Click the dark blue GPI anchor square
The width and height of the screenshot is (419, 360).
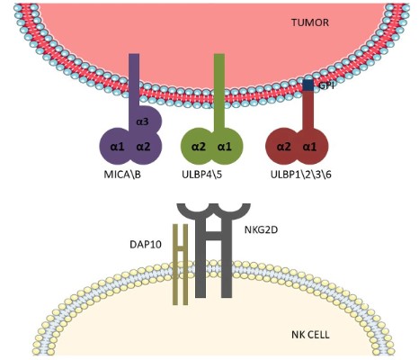pyautogui.click(x=308, y=85)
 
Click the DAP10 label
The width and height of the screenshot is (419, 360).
pyautogui.click(x=147, y=243)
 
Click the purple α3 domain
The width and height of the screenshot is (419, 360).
pyautogui.click(x=143, y=121)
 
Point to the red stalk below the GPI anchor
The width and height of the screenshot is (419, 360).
pyautogui.click(x=308, y=110)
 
